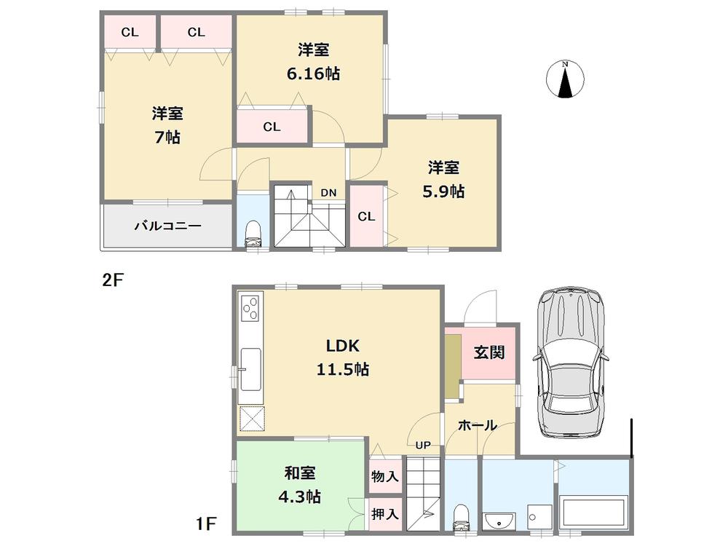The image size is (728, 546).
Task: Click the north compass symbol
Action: (565, 79)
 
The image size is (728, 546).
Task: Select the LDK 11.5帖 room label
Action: (341, 357)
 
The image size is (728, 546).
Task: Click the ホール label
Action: (478, 425)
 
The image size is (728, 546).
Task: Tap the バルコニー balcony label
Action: (167, 226)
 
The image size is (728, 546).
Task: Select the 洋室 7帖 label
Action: (167, 124)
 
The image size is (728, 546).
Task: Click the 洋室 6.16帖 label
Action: (313, 62)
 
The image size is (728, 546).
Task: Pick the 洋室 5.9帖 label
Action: (443, 179)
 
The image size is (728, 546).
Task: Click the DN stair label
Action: (328, 193)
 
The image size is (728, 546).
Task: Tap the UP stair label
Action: (422, 445)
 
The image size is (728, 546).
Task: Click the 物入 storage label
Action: (384, 477)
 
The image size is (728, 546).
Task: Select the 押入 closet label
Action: (384, 513)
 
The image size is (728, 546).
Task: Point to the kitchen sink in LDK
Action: (251, 369)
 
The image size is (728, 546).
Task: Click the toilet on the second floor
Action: (253, 233)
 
